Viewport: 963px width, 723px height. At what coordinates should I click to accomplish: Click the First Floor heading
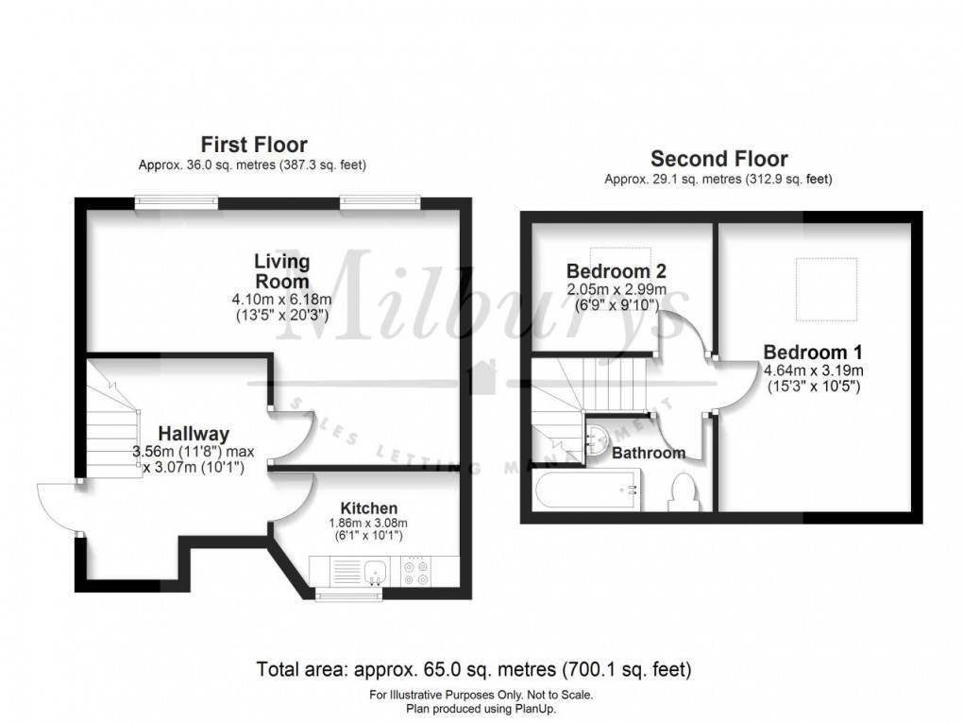pos(253,145)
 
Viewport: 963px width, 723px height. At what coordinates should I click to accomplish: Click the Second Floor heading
pos(718,159)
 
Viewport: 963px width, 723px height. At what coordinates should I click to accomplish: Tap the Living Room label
pos(281,270)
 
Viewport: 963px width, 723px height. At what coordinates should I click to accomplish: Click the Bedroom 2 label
pos(609,271)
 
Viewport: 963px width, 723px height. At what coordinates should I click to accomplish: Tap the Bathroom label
pos(648,454)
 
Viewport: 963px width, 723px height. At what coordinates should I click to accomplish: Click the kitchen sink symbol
pos(376,570)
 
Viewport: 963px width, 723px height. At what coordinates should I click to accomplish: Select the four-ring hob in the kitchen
pos(416,570)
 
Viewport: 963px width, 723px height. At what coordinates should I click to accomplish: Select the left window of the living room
pos(176,200)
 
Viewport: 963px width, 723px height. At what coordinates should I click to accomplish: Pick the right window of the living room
pos(380,200)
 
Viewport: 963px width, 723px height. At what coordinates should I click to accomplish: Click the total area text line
pos(475,670)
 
